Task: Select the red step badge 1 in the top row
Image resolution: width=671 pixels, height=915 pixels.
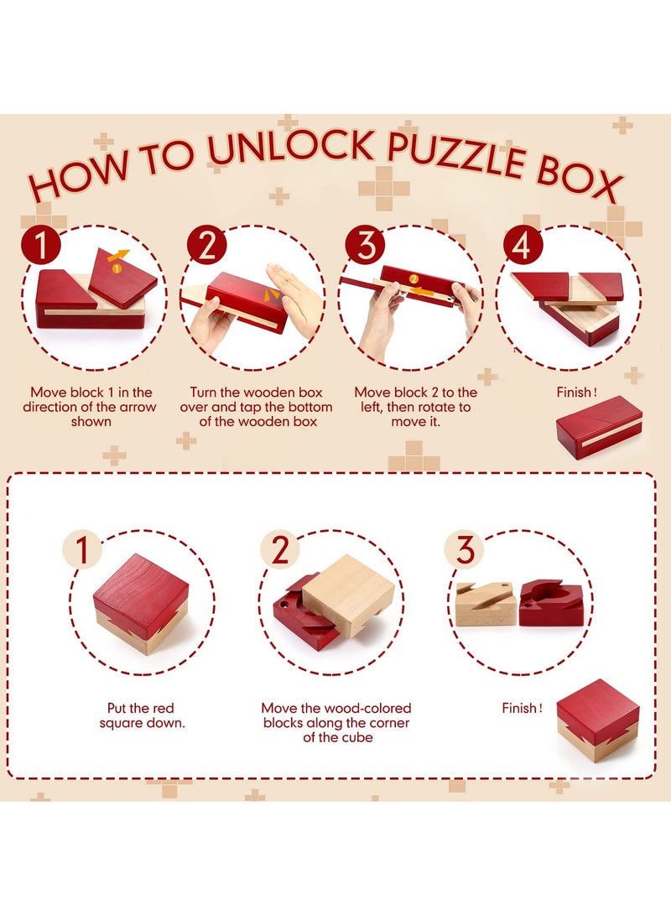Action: (x=42, y=246)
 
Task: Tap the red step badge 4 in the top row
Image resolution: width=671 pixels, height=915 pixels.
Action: (x=522, y=246)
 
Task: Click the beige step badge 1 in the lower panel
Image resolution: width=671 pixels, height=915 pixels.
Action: (x=82, y=550)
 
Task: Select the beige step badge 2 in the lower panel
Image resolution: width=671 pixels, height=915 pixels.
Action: (x=279, y=550)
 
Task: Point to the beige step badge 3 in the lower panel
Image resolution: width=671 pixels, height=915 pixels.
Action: (x=466, y=550)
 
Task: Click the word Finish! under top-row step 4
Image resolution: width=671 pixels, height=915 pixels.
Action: (x=578, y=392)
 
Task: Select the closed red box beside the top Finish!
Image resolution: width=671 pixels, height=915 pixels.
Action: (x=599, y=426)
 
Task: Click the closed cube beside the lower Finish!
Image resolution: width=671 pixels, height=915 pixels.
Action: (x=597, y=720)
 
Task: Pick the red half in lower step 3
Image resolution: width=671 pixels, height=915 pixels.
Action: (x=551, y=602)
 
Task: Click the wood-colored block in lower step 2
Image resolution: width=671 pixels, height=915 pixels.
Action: (x=349, y=594)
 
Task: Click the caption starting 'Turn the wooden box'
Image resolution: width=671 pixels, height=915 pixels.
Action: (x=257, y=406)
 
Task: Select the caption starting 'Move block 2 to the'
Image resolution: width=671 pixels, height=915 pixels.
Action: (x=415, y=406)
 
